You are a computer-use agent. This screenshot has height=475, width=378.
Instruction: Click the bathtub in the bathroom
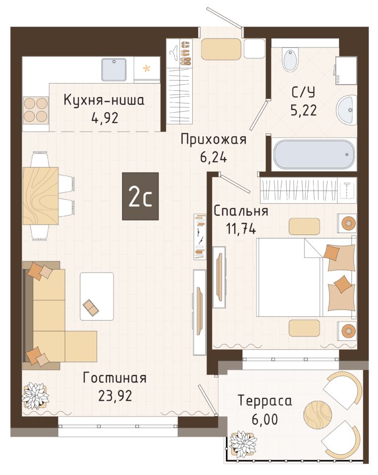coord(314,154)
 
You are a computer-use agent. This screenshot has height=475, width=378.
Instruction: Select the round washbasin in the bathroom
coord(346,109)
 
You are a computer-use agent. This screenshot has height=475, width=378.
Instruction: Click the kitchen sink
coord(114,69)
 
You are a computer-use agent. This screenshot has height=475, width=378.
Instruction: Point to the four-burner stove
coord(36,110)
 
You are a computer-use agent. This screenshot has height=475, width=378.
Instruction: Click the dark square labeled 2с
coord(141,196)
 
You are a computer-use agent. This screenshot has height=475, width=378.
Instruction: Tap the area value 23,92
coord(115,396)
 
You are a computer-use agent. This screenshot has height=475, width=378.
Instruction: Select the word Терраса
coord(265,400)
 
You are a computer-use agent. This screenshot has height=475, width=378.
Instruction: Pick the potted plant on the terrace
coord(243,445)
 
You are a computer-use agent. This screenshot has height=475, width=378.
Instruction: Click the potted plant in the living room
coord(36,396)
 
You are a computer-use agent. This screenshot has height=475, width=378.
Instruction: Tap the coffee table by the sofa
coord(97,296)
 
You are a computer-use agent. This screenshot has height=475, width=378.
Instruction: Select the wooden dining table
coord(41,196)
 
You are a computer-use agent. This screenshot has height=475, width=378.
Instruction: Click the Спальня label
coord(241,211)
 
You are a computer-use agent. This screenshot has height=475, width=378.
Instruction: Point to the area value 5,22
coord(303,110)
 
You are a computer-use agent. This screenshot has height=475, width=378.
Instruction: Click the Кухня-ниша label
coord(104,100)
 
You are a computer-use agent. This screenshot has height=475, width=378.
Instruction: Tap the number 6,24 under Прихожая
coord(214,157)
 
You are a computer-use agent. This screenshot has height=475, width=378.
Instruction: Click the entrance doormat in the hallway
coord(221,49)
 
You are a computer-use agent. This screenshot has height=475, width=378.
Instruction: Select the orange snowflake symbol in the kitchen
coord(147,68)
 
